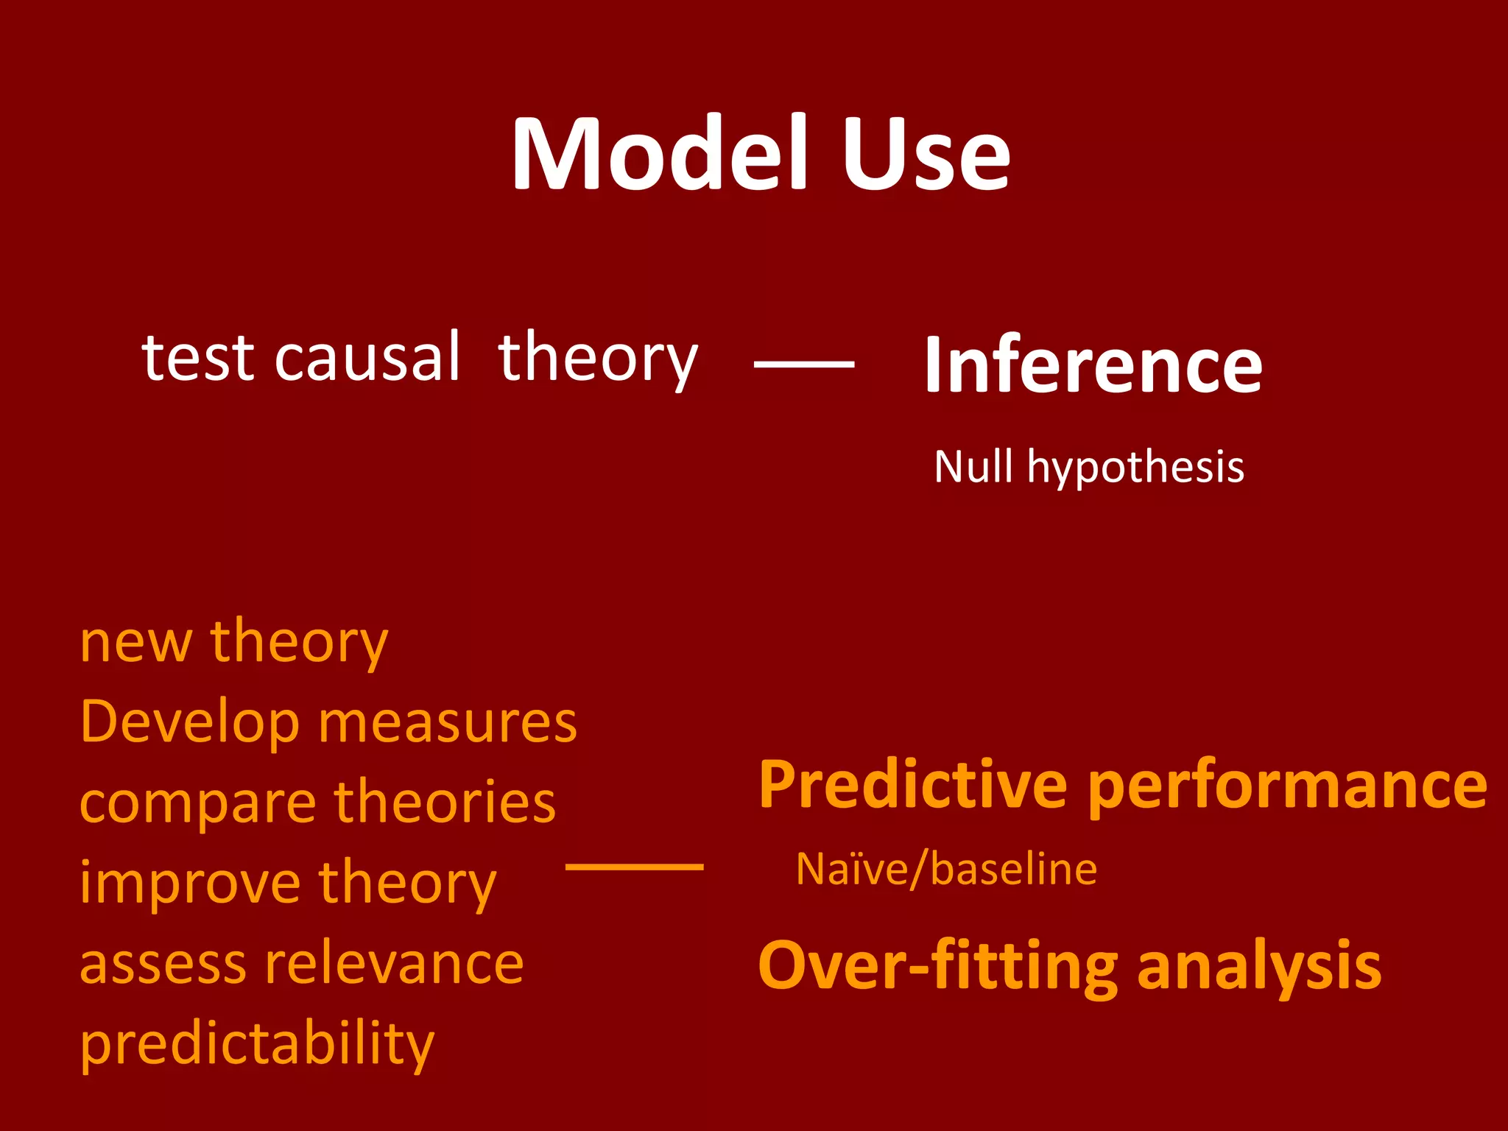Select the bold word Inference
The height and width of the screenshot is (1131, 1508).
coord(1093,365)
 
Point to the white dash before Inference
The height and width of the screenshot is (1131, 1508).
coord(804,364)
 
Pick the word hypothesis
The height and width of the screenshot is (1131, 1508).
coord(1135,468)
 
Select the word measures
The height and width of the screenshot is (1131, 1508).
coord(448,724)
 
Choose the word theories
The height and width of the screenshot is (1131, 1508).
coord(445,803)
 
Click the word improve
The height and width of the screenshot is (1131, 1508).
coord(190,884)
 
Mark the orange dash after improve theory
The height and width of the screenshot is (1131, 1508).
coord(634,867)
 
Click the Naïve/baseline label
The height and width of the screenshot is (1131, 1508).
coord(946,870)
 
